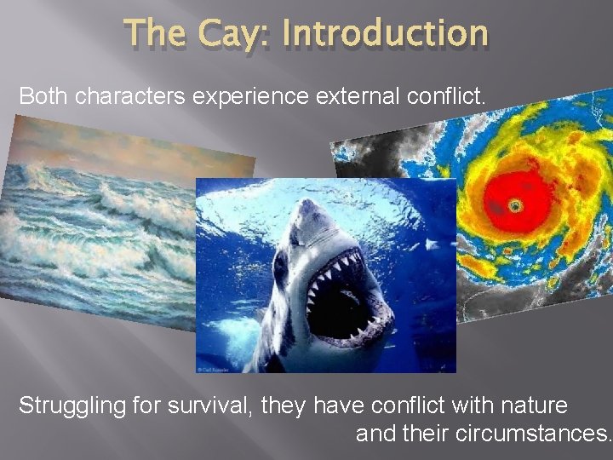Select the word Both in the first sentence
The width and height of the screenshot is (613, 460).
[x=43, y=96]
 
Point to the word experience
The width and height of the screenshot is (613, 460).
[x=251, y=97]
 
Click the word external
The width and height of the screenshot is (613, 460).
[x=352, y=96]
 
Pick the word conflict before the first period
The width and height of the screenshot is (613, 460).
[x=443, y=96]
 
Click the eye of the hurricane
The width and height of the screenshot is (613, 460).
[x=514, y=205]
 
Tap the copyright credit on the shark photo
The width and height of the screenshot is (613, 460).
[x=219, y=369]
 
